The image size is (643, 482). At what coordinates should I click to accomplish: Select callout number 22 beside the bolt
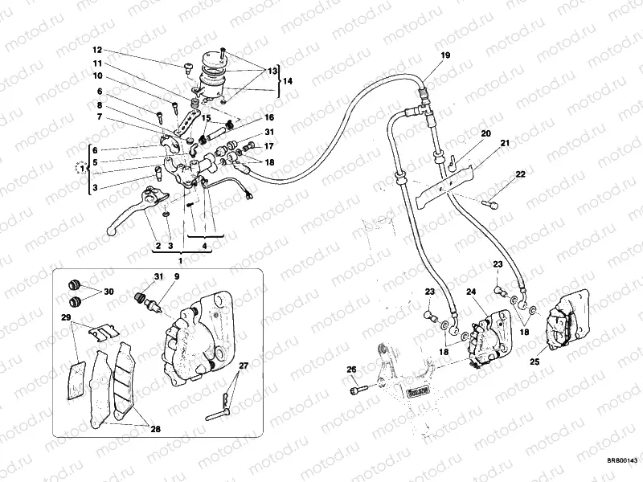point(521,174)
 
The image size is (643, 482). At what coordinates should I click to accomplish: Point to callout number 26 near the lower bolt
point(351,370)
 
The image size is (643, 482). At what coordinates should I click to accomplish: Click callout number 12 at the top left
point(97,50)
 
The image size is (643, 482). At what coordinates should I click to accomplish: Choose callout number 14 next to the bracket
point(288,82)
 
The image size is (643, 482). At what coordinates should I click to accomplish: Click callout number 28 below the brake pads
point(155,429)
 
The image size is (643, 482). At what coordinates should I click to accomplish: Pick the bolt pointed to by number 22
point(488,206)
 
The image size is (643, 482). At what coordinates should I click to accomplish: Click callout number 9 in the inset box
point(176,277)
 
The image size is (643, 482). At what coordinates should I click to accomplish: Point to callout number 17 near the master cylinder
point(269,146)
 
